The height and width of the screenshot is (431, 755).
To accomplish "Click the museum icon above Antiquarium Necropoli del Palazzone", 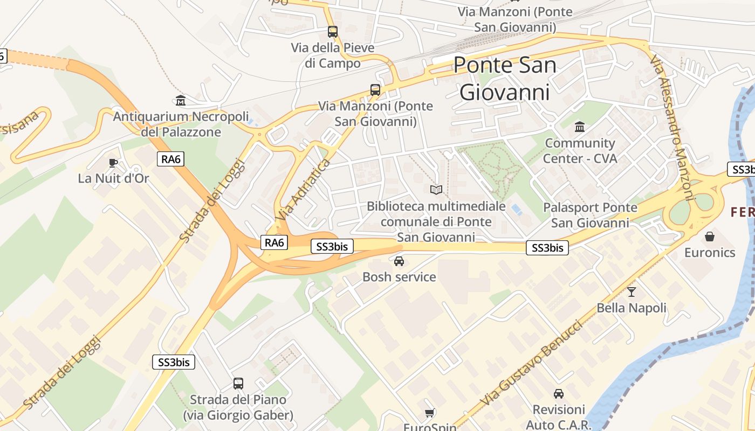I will coord(181,100).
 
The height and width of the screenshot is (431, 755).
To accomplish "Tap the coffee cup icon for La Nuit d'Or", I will coord(113,163).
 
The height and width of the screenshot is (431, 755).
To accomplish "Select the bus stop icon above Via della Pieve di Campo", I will coord(333,32).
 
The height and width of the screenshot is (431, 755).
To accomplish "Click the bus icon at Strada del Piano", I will coord(238,384).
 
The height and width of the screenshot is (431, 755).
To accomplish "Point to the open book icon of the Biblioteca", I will coord(436,190).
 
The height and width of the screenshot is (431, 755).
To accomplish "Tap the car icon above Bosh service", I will coord(399,261).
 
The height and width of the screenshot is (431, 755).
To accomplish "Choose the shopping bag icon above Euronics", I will coord(710,237).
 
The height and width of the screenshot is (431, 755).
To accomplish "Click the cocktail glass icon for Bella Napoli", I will coord(632,292).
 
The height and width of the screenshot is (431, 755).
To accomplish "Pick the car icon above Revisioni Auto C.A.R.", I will coord(559,394).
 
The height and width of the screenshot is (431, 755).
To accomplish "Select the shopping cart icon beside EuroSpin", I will coord(429,413).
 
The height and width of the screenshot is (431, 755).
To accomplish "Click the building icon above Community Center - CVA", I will coord(580,127).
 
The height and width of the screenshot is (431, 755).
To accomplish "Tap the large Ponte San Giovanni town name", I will coord(505,79).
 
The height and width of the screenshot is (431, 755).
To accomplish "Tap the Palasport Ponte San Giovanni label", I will coord(590,215).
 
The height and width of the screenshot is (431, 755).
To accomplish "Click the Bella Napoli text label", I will coord(632,308).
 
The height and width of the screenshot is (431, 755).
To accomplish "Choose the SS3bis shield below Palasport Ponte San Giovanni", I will coord(547,248).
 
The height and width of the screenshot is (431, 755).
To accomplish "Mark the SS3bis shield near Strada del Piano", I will coord(174,362).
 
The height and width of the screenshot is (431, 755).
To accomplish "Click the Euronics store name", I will coord(710,253).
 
